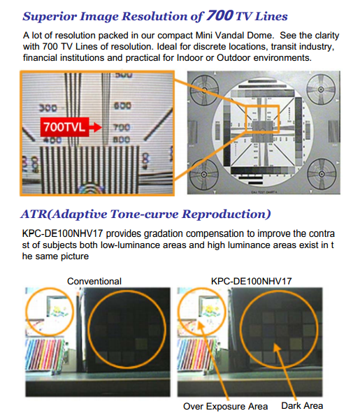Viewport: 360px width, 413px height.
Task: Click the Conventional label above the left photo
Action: (94, 281)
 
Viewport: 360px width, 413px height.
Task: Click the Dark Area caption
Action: (301, 405)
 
